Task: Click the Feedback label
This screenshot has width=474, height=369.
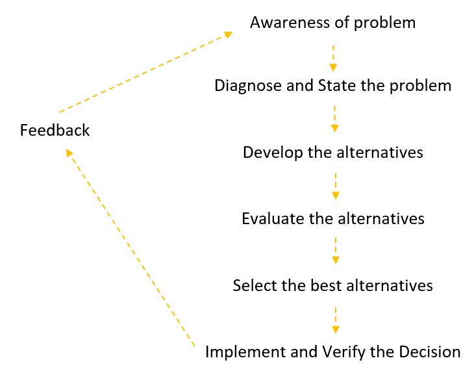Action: tap(55, 131)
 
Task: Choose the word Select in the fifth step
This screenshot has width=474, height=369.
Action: tap(250, 285)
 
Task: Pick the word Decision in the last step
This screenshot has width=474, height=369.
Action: tap(431, 352)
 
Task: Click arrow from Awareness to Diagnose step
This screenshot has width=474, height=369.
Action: tap(333, 57)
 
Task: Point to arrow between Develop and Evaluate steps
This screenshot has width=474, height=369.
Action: tap(335, 185)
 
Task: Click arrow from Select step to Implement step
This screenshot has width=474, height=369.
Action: tap(335, 318)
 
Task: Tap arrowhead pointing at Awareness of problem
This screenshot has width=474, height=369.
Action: tap(228, 34)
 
